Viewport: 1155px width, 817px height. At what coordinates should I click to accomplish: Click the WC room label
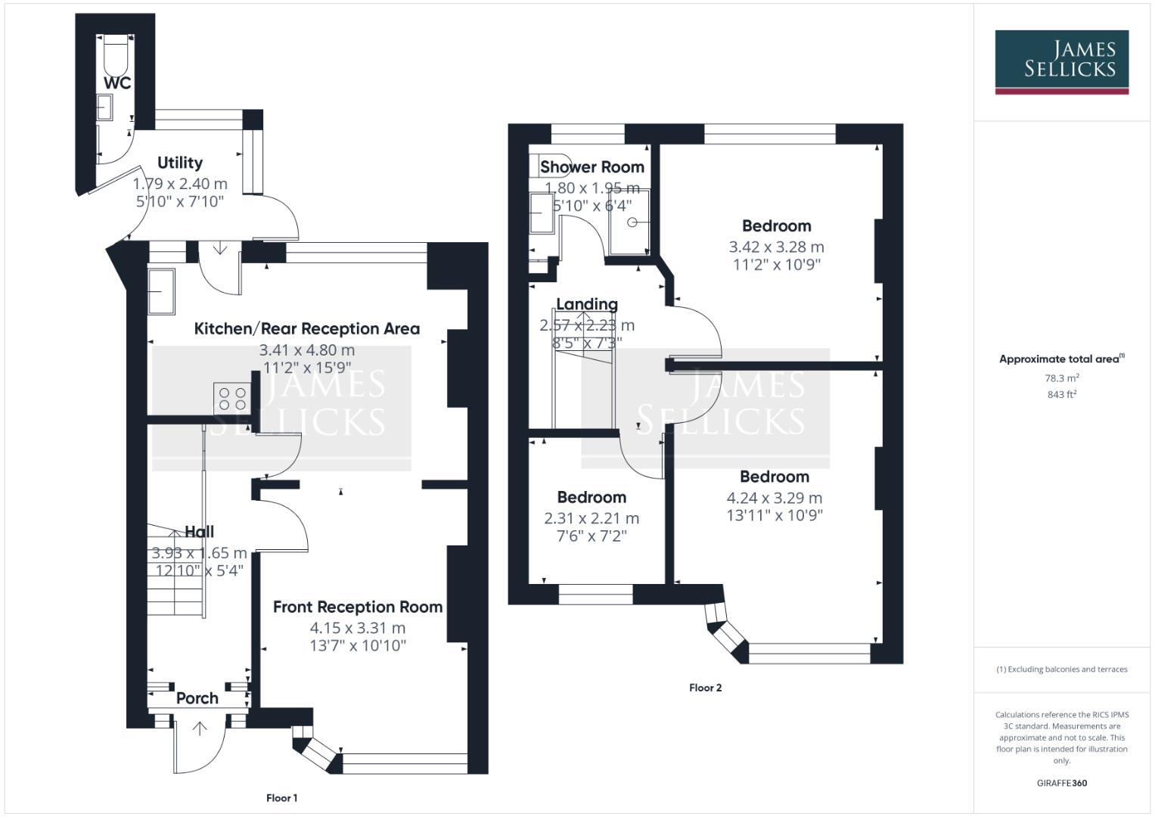tap(117, 82)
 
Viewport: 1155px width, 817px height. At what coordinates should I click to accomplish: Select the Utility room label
tap(180, 163)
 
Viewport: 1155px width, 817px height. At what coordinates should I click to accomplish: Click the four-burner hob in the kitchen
tap(233, 398)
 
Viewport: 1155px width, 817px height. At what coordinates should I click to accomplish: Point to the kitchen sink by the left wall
tap(160, 291)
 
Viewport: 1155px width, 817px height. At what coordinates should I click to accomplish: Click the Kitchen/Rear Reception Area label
tap(306, 328)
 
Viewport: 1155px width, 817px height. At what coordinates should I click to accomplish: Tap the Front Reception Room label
tap(357, 607)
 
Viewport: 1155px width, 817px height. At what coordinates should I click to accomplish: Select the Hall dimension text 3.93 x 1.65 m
tap(199, 553)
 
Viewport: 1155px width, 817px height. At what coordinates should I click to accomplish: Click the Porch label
tap(197, 698)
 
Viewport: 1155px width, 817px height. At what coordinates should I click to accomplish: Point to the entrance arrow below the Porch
tap(200, 729)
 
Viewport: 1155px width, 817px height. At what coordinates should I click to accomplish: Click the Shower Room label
tap(591, 167)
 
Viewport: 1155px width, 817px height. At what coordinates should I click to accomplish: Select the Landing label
tap(587, 304)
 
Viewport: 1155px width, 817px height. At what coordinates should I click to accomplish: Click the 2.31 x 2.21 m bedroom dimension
tap(591, 518)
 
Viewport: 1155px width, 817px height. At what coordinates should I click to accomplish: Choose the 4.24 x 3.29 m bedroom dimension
tap(774, 498)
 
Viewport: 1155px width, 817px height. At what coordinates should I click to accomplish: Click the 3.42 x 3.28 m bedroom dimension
tap(776, 247)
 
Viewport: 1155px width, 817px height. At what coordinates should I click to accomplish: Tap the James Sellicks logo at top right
tap(1061, 61)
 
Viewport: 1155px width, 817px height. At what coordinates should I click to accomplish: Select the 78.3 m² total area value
tap(1061, 378)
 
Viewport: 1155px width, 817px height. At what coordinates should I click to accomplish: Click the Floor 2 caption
tap(705, 688)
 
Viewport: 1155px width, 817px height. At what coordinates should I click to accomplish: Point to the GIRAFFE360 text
tap(1061, 783)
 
